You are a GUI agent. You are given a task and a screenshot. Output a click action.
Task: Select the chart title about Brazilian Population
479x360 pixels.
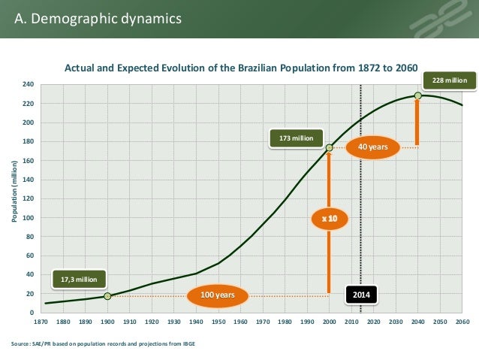(240, 68)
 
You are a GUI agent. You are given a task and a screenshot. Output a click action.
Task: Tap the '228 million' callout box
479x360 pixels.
(449, 80)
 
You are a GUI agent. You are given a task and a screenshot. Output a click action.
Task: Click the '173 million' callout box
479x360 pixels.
(296, 138)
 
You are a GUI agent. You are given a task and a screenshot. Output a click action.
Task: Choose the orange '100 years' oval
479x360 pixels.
(217, 295)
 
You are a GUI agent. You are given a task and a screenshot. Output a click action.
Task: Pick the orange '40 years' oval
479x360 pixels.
(372, 147)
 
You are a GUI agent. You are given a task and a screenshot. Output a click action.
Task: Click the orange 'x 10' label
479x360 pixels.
(330, 218)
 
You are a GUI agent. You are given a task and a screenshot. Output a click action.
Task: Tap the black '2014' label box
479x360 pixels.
(362, 295)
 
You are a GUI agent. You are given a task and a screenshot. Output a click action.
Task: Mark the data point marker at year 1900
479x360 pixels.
(107, 296)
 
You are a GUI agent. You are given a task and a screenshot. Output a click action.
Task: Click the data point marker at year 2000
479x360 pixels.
(329, 148)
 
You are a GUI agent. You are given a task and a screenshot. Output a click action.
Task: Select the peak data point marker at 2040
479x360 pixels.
(417, 95)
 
